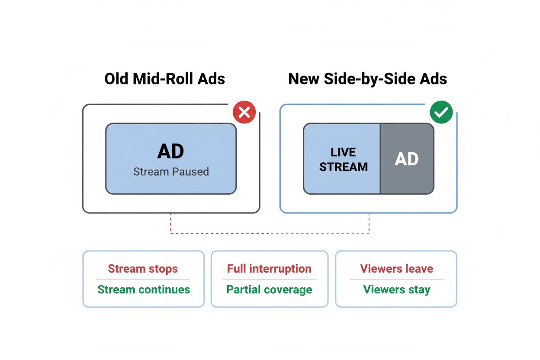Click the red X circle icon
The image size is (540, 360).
tap(244, 112)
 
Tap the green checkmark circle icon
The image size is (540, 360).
tap(441, 112)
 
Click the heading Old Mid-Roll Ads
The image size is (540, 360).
tap(164, 79)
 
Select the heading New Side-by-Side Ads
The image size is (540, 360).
tap(367, 79)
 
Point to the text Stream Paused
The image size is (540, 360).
tap(171, 172)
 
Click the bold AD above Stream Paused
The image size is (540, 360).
tap(171, 151)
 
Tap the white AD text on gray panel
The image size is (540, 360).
tap(407, 159)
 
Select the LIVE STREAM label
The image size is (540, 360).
tap(343, 160)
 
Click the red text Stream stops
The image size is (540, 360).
tap(143, 269)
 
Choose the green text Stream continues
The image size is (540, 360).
tap(144, 289)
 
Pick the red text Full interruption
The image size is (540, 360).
tap(269, 269)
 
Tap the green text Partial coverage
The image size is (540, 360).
tap(269, 289)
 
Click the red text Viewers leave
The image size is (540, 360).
tap(396, 269)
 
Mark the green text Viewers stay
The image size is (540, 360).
tap(396, 289)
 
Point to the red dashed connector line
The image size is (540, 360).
tap(216, 233)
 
